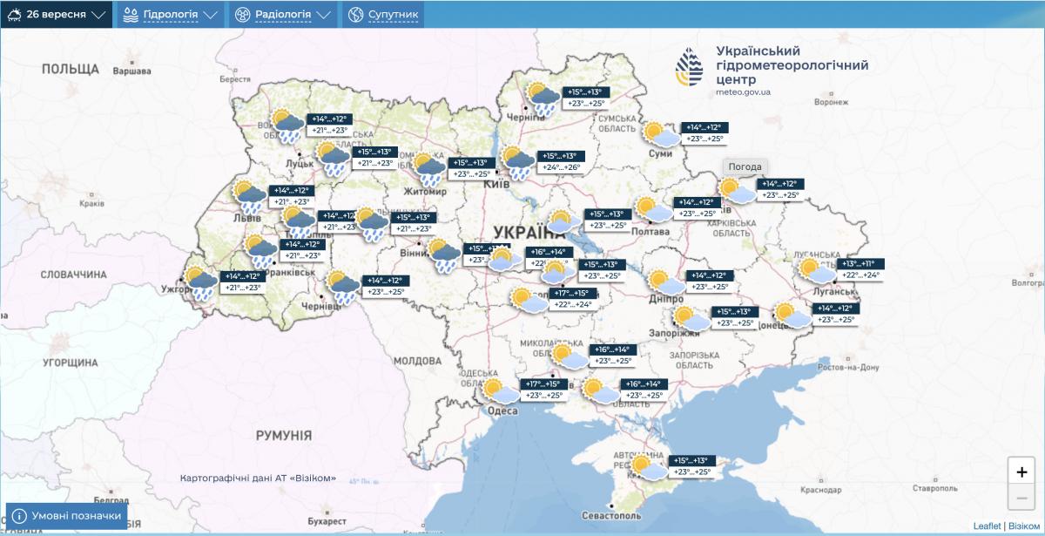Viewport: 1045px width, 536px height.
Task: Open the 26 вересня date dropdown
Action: coord(57,15)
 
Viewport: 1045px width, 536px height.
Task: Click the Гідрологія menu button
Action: coord(170,15)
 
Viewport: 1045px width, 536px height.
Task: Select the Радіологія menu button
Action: coord(283,15)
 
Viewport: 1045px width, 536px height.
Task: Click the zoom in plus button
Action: coord(1021,472)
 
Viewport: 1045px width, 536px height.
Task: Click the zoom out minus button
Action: coord(1021,499)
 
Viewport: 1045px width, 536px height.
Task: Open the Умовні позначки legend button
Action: coord(67,516)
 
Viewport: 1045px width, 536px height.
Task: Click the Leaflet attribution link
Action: coord(987,526)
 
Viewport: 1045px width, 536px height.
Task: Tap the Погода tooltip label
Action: coord(745,166)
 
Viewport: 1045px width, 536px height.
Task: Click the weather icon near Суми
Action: coord(661,134)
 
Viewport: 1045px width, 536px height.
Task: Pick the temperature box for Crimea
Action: coord(688,466)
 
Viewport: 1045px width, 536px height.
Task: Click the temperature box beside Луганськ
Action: coord(860,269)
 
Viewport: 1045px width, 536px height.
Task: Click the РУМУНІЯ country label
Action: coord(283,434)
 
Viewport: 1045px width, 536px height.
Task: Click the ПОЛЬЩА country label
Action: coord(71,69)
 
